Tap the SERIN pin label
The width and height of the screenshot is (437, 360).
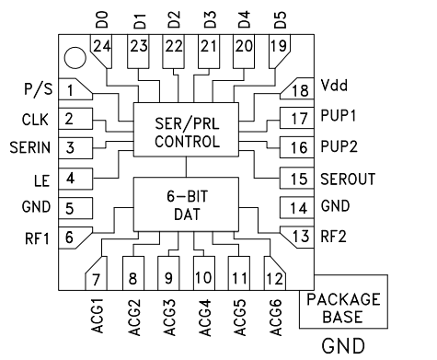(x=28, y=147)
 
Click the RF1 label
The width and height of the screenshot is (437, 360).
(x=34, y=237)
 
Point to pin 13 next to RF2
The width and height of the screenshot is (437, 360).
(x=297, y=237)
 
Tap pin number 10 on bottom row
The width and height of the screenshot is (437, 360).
(x=203, y=276)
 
